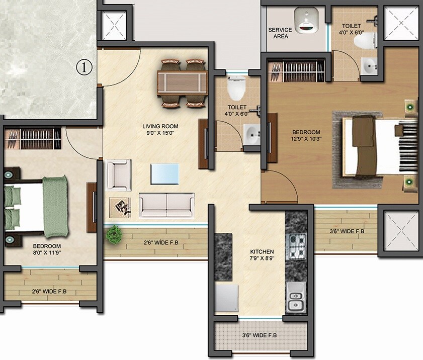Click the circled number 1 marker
pos(85,67)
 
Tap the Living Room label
pos(160,126)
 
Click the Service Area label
pos(280,33)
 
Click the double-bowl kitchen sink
pos(296,298)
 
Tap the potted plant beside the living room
pos(114,234)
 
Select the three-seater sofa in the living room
pos(166,204)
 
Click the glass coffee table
pos(165,174)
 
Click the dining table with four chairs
pos(182,83)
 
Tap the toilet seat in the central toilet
pos(235,91)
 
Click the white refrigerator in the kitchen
pos(227,300)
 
